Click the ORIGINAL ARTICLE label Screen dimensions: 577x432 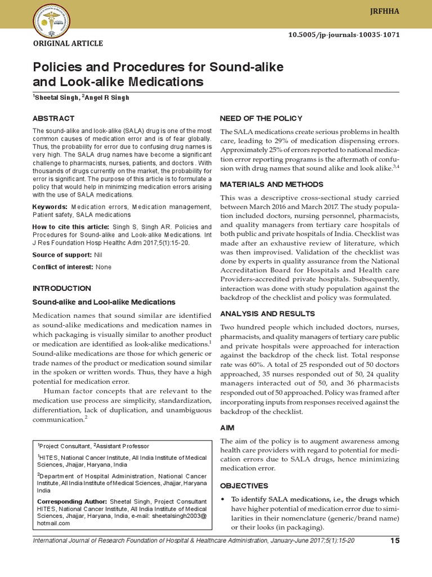coord(69,43)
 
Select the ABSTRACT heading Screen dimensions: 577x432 coord(53,118)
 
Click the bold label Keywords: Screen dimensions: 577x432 coord(49,207)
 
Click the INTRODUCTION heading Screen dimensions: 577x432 coord(61,288)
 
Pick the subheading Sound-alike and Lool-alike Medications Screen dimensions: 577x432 coord(103,302)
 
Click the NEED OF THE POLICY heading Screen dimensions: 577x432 coord(261,118)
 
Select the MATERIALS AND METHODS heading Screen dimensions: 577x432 coord(271,184)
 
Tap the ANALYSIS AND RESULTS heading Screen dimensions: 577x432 coord(267,313)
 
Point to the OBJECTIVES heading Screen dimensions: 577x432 coord(244,486)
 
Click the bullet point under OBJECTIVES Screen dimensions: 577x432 coord(224,500)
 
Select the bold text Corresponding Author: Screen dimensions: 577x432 coord(72,501)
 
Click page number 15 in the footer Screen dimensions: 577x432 coord(394,541)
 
